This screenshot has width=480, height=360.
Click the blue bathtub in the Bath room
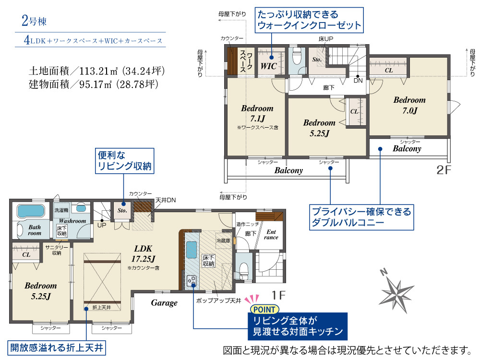(31, 211)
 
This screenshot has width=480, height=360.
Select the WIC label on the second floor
(268, 66)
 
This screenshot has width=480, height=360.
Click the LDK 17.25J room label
(143, 254)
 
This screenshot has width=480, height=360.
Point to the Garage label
(164, 303)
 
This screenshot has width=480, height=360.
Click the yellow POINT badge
(264, 310)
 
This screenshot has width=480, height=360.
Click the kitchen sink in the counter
(192, 250)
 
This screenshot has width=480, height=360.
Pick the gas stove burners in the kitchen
(192, 280)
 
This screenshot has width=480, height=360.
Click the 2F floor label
(444, 170)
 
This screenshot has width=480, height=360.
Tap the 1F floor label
(278, 295)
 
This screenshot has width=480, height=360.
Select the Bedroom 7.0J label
(409, 105)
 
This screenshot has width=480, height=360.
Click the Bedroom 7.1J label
(257, 113)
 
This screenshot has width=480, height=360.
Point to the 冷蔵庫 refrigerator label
(223, 240)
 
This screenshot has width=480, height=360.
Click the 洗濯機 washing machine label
(61, 210)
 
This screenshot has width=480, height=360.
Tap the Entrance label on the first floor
(271, 235)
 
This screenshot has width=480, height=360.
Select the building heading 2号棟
(34, 21)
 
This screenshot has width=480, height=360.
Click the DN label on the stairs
(358, 81)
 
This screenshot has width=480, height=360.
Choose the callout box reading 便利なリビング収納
(124, 161)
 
